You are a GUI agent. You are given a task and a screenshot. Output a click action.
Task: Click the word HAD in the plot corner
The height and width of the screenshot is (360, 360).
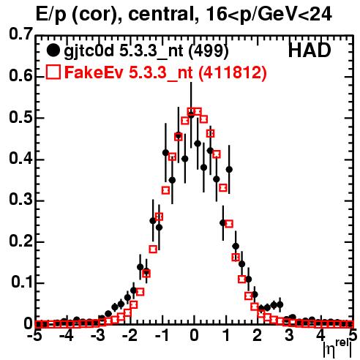point(310,50)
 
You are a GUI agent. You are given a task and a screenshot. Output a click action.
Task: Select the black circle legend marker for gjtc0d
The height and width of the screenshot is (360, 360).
point(53,50)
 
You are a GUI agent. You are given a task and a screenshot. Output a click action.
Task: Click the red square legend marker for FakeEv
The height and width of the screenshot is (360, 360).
point(53,72)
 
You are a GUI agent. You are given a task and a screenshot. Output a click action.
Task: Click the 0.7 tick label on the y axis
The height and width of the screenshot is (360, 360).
point(20,34)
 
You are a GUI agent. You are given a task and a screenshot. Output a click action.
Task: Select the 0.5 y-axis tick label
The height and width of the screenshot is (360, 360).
point(20,118)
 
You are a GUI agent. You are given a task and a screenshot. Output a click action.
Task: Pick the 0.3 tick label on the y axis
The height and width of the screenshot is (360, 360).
point(20,200)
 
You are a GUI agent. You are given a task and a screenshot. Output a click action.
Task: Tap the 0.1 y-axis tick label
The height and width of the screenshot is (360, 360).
point(21,282)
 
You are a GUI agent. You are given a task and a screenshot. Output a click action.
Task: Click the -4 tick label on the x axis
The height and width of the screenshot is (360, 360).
point(66,335)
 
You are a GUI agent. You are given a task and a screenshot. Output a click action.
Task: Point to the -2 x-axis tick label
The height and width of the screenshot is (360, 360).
point(129,335)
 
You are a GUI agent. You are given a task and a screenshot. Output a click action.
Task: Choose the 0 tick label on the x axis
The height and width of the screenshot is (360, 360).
point(194,335)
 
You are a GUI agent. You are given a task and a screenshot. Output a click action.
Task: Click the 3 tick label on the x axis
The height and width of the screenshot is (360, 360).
point(289,335)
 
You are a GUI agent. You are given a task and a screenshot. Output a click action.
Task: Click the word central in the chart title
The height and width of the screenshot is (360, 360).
point(162,14)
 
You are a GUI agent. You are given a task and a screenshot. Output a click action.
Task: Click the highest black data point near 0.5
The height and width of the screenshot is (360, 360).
point(191,115)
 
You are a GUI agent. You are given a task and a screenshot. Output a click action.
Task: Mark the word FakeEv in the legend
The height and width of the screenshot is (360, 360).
point(94,72)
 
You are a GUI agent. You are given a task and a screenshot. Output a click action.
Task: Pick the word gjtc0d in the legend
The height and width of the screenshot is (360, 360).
point(89,52)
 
